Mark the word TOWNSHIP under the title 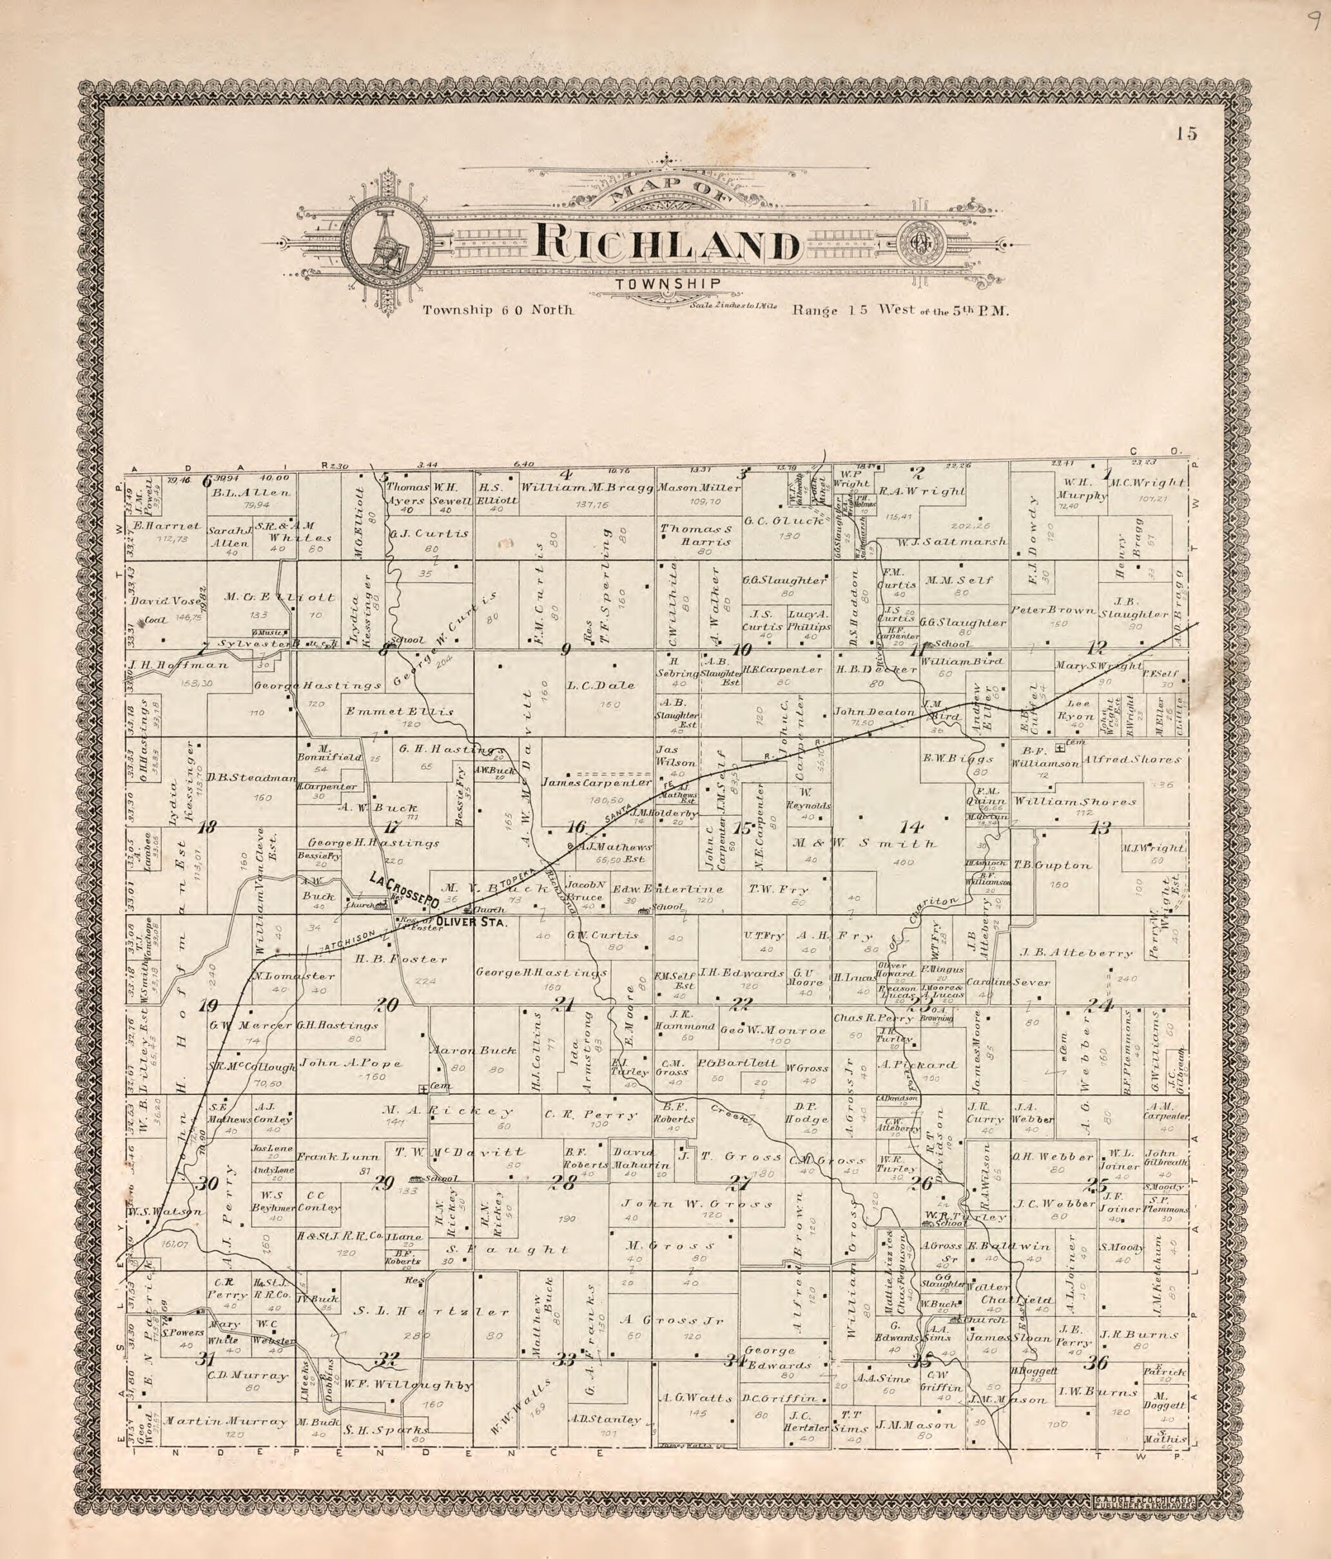point(668,283)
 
